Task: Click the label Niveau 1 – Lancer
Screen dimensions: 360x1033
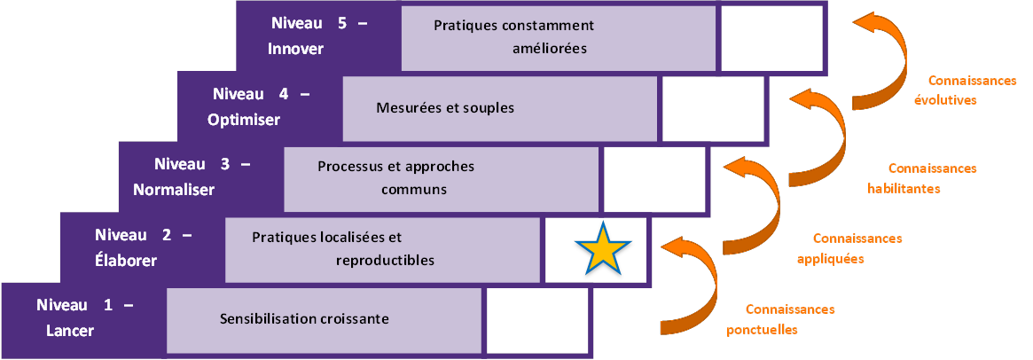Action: pyautogui.click(x=83, y=318)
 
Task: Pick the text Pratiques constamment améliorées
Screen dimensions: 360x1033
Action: pyautogui.click(x=513, y=36)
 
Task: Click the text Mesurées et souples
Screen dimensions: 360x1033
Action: pyautogui.click(x=445, y=108)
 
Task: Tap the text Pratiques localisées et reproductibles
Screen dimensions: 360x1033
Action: pyautogui.click(x=342, y=249)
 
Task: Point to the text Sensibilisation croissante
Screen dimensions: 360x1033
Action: pyautogui.click(x=304, y=318)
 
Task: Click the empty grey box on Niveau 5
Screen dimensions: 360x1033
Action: pyautogui.click(x=771, y=37)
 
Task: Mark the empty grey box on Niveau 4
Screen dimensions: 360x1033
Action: pyautogui.click(x=712, y=108)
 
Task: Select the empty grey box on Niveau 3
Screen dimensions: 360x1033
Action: pyautogui.click(x=653, y=177)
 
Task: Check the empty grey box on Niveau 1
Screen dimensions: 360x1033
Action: pyautogui.click(x=537, y=319)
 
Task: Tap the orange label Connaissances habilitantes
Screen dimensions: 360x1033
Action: pyautogui.click(x=922, y=178)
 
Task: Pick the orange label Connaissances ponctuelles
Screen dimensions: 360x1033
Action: pyautogui.click(x=779, y=319)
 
